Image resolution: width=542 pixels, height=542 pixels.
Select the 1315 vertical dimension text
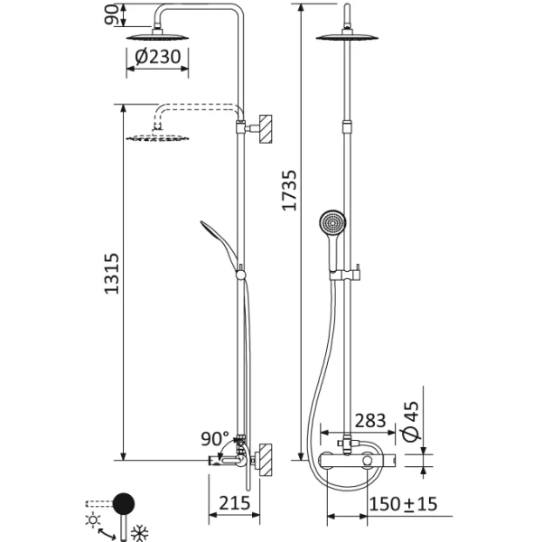108,271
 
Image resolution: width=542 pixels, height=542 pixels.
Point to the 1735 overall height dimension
288,181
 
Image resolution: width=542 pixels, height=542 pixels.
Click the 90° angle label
216,440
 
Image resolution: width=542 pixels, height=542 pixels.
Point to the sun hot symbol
92,521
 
